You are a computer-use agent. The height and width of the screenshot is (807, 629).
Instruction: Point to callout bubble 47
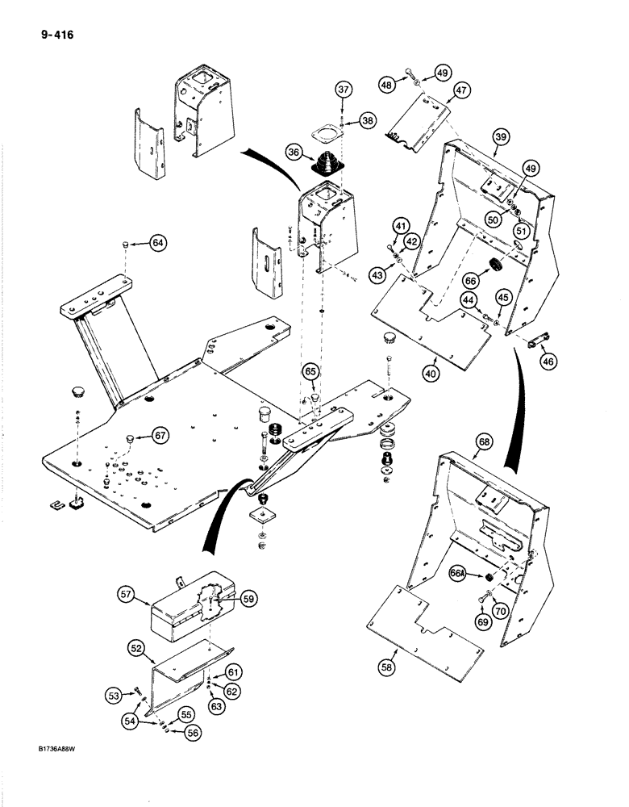460,91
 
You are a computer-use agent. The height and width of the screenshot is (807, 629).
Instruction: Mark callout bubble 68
484,442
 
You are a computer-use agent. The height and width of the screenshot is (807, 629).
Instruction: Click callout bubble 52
137,648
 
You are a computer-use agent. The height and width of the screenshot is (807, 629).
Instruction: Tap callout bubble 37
344,90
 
